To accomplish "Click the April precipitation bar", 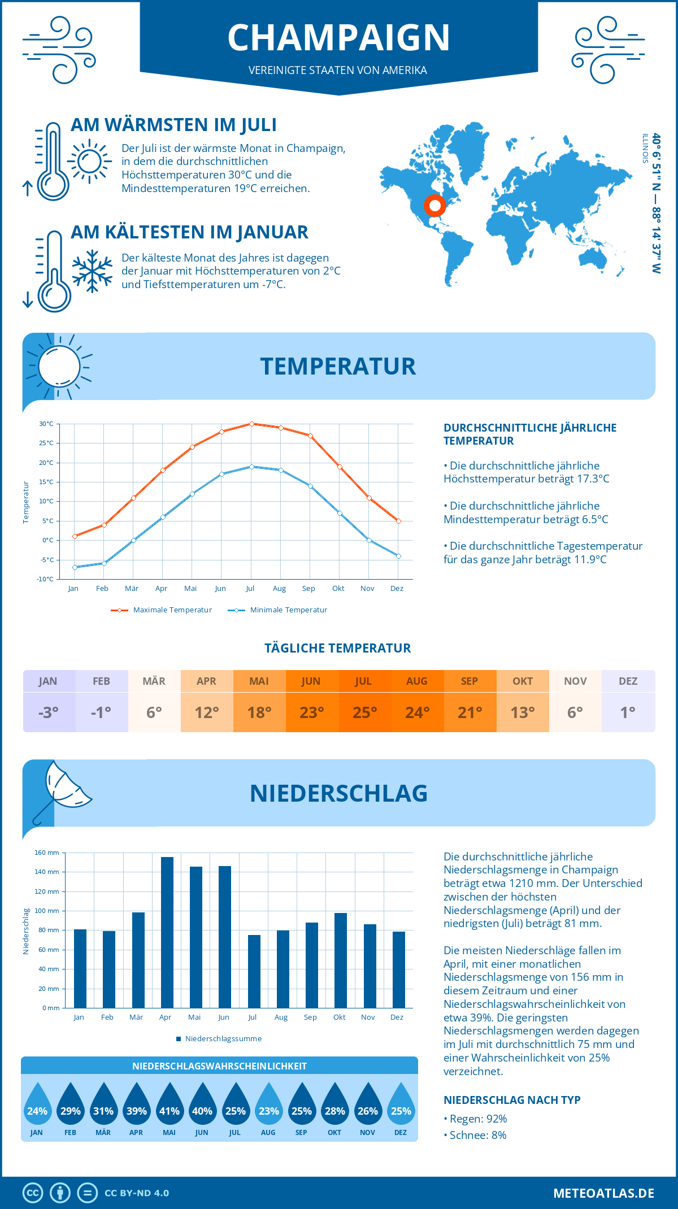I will [x=167, y=932].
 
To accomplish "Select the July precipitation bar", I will [x=254, y=971].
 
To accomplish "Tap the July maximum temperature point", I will [x=251, y=424].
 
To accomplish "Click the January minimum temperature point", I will [x=75, y=567].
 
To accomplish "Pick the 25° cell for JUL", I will [x=364, y=712].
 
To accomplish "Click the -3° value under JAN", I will [x=49, y=712].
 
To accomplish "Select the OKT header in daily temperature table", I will [x=523, y=681].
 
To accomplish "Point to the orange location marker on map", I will [x=434, y=206].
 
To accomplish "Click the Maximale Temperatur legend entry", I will [x=162, y=610].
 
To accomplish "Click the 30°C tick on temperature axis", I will [x=46, y=424].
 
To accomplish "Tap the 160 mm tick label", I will [x=47, y=853].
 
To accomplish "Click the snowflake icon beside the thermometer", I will [x=92, y=271].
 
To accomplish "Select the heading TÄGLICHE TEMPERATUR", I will [x=338, y=648].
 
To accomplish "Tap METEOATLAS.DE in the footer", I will [x=603, y=1193].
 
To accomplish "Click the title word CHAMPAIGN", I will [x=338, y=38].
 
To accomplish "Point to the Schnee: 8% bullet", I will [x=475, y=1135].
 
